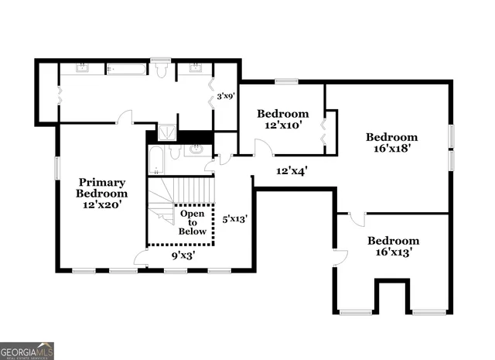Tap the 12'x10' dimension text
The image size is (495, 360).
click(282, 124)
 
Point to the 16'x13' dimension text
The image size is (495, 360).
click(393, 252)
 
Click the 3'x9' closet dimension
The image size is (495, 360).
click(225, 97)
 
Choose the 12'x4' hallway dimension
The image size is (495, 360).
click(292, 170)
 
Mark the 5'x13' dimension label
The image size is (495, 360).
click(234, 219)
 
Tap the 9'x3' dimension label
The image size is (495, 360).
click(183, 254)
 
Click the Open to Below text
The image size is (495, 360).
click(193, 221)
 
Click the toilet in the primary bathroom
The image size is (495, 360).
click(161, 70)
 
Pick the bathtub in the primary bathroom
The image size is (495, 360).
click(126, 70)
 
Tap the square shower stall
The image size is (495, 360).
click(166, 132)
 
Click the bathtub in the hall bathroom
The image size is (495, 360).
click(155, 160)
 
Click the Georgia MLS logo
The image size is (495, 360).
click(27, 351)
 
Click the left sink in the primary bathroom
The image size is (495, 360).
click(81, 69)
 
